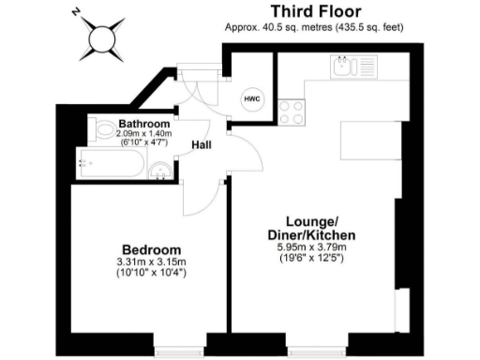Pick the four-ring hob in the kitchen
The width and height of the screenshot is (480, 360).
coord(292,112)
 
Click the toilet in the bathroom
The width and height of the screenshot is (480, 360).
coord(102,130)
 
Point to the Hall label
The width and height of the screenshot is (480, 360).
coord(202,146)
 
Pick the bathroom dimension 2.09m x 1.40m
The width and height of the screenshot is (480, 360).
coord(143,134)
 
